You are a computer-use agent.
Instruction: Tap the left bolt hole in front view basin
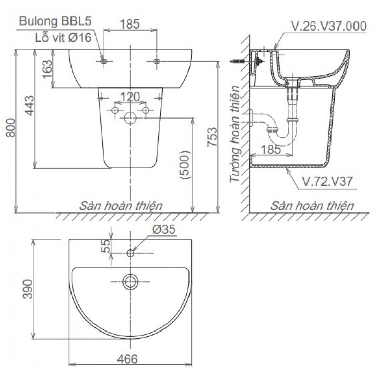point(104,61)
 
